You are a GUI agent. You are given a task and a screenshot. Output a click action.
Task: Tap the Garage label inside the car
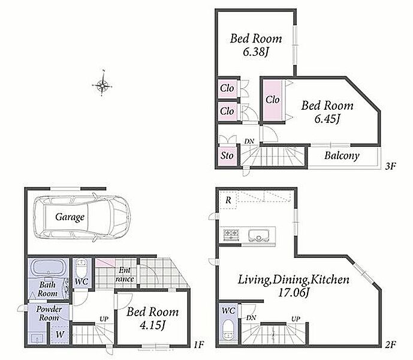coord(70,217)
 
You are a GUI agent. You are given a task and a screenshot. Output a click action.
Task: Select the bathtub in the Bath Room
coord(49,268)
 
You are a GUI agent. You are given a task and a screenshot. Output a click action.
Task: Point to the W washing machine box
coord(60,334)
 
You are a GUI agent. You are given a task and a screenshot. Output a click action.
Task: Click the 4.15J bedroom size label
coord(152,325)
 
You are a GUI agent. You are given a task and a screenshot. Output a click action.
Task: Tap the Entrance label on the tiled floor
coord(125,275)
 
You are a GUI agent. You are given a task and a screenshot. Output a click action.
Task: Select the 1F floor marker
coord(200,344)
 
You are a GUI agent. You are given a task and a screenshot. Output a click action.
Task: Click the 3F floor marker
coord(391,166)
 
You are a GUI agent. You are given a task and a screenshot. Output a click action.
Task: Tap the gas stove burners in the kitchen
coord(231,235)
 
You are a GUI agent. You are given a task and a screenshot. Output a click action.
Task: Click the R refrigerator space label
coord(228,200)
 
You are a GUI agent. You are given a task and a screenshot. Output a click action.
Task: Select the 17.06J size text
coord(294,292)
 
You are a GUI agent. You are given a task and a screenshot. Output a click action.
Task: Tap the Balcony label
coord(342,155)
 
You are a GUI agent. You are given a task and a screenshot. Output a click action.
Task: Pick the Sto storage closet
coord(227,155)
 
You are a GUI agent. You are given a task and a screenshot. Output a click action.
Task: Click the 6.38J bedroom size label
coord(255,52)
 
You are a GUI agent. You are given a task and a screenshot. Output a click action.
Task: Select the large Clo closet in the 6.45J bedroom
coord(273,100)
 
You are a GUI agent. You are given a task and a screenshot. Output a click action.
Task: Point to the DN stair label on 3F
coord(249,142)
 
